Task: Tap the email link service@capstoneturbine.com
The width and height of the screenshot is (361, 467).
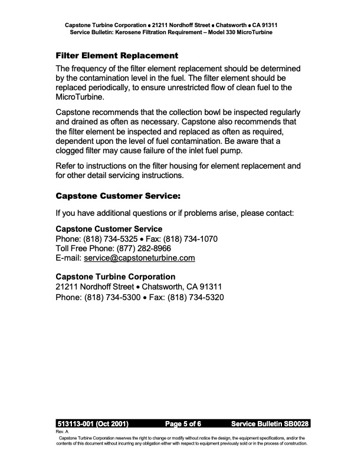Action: pyautogui.click(x=139, y=258)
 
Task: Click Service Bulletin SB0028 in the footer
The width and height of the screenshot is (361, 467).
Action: pyautogui.click(x=270, y=424)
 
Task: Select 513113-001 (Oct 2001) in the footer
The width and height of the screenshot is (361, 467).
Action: pyautogui.click(x=93, y=424)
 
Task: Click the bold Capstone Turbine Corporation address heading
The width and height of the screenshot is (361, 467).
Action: pyautogui.click(x=115, y=277)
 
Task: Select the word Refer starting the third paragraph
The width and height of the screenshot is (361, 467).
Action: pyautogui.click(x=66, y=166)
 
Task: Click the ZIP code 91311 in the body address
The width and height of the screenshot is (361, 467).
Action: pyautogui.click(x=210, y=287)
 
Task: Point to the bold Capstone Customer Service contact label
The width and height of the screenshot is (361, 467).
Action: pyautogui.click(x=109, y=229)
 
